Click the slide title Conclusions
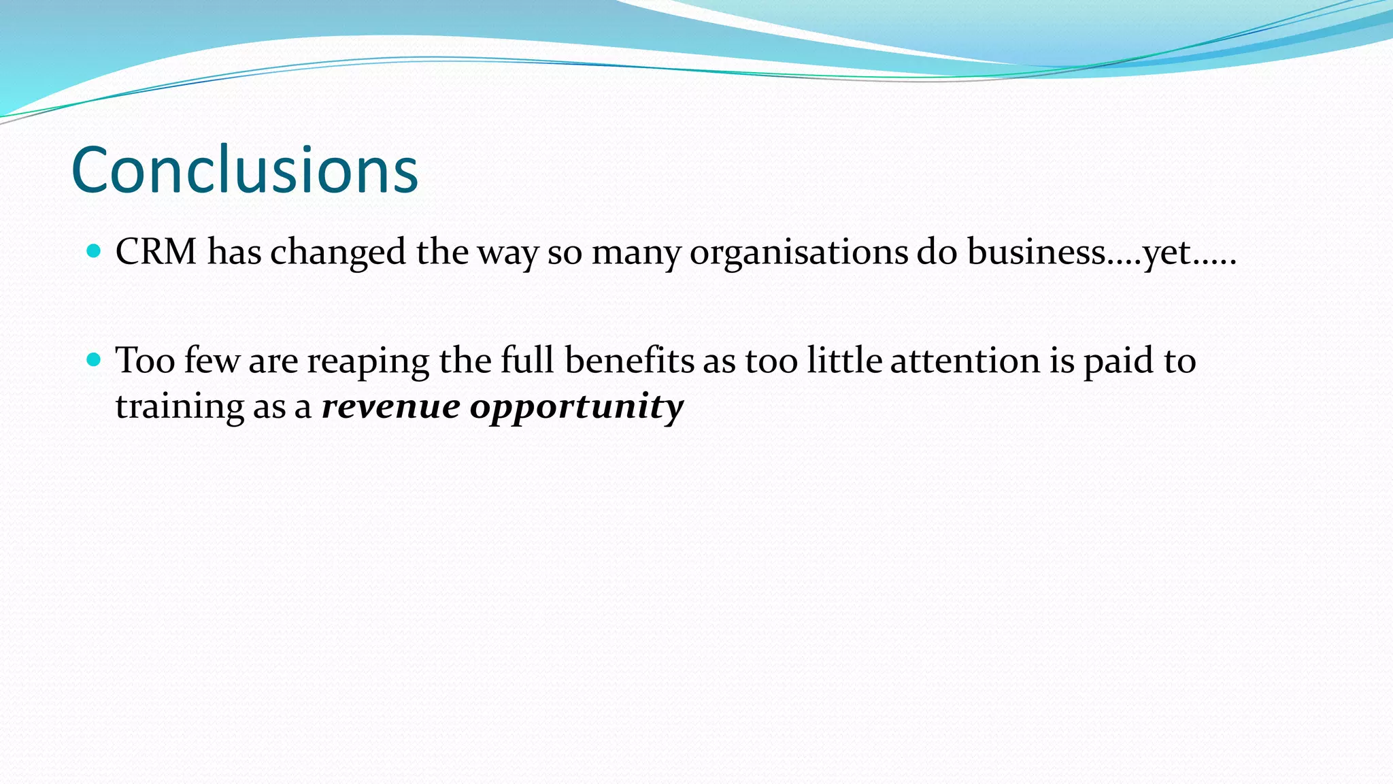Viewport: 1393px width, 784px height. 244,170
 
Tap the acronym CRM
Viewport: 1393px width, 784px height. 156,252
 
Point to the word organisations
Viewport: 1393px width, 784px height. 799,252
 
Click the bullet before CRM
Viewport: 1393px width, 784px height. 95,251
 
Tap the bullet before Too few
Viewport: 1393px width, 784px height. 95,359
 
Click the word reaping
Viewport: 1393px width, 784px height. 368,361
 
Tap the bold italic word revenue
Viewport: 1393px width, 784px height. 390,406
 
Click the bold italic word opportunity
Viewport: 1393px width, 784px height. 577,408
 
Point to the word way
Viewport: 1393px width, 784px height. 508,253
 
